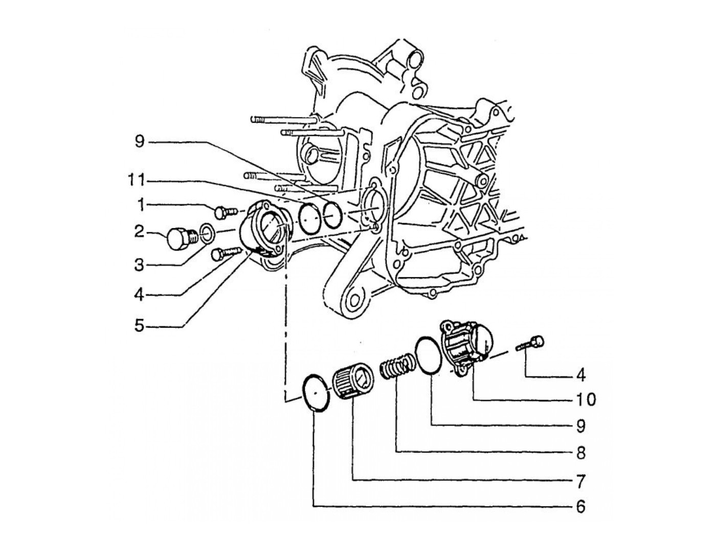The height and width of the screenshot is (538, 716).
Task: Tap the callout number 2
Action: (139, 233)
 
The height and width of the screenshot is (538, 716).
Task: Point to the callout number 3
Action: (139, 265)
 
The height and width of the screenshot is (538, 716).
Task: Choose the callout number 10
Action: (586, 400)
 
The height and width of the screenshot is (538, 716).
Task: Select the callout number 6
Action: (581, 507)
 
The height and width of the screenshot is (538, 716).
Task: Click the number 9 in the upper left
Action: (139, 142)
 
